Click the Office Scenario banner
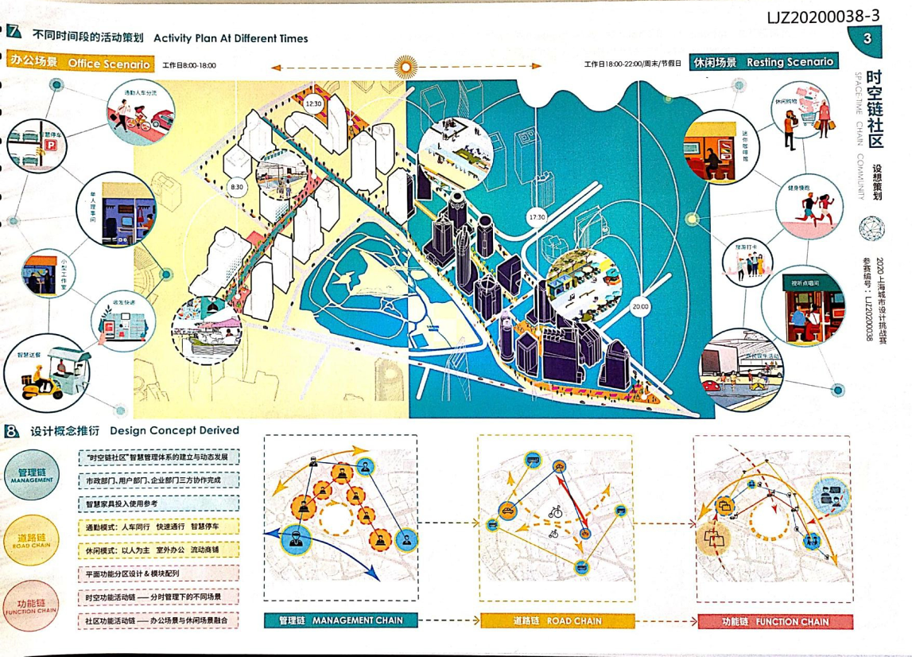pos(80,63)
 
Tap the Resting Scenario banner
pos(763,61)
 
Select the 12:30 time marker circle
pos(313,103)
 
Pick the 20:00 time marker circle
pos(641,306)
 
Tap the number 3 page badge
pos(866,38)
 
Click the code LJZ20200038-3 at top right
pos(823,15)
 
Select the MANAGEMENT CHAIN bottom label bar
pos(340,620)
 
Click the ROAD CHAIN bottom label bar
pos(557,621)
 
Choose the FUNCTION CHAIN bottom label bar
pos(775,621)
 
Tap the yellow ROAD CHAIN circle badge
pos(30,541)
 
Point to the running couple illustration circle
pos(808,212)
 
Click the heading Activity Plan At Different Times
pos(231,38)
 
